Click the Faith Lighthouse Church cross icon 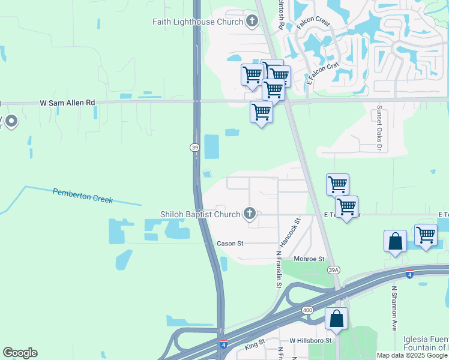click(x=252, y=22)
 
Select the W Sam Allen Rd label click(x=68, y=103)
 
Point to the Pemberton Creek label click(x=82, y=196)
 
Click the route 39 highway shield click(x=194, y=148)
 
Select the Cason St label click(x=230, y=244)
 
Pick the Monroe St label click(x=309, y=259)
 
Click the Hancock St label click(x=289, y=232)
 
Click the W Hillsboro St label click(x=310, y=341)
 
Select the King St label click(x=255, y=347)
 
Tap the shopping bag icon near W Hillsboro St click(x=336, y=318)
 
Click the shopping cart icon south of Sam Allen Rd click(x=261, y=112)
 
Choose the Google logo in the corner click(x=20, y=353)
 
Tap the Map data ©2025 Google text click(x=412, y=355)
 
